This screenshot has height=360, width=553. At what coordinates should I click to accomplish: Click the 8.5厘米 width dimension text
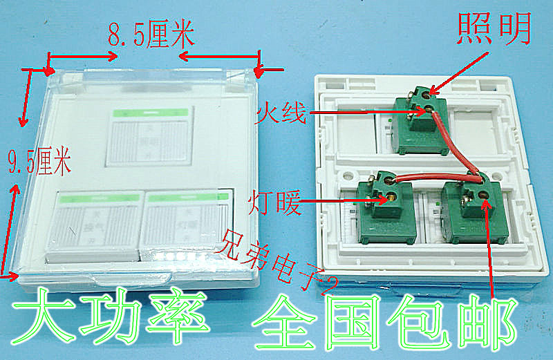pos(150,35)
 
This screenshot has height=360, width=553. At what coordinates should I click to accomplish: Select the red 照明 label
pos(493,27)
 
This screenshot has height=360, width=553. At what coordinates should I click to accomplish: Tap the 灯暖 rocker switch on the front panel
pos(182,224)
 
